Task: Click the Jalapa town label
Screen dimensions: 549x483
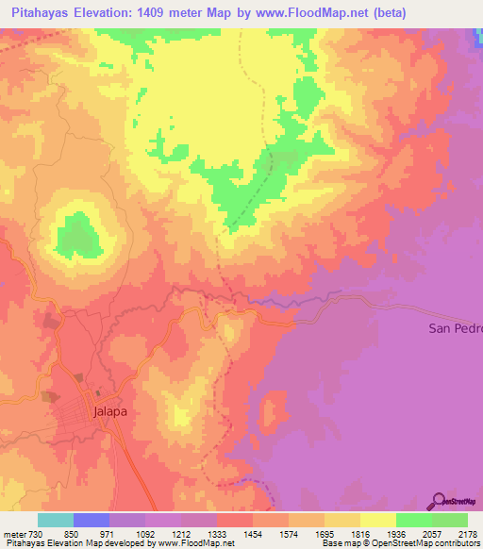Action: (110, 412)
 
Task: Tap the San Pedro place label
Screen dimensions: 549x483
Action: (455, 328)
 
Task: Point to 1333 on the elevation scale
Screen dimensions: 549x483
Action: (217, 533)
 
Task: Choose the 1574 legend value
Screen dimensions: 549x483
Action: (289, 533)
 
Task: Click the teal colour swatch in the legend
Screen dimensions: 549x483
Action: (56, 520)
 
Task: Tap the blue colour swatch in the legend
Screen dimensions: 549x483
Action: (92, 520)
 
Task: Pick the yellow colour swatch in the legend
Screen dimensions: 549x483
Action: (378, 520)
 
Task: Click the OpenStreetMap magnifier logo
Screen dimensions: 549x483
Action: (439, 501)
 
